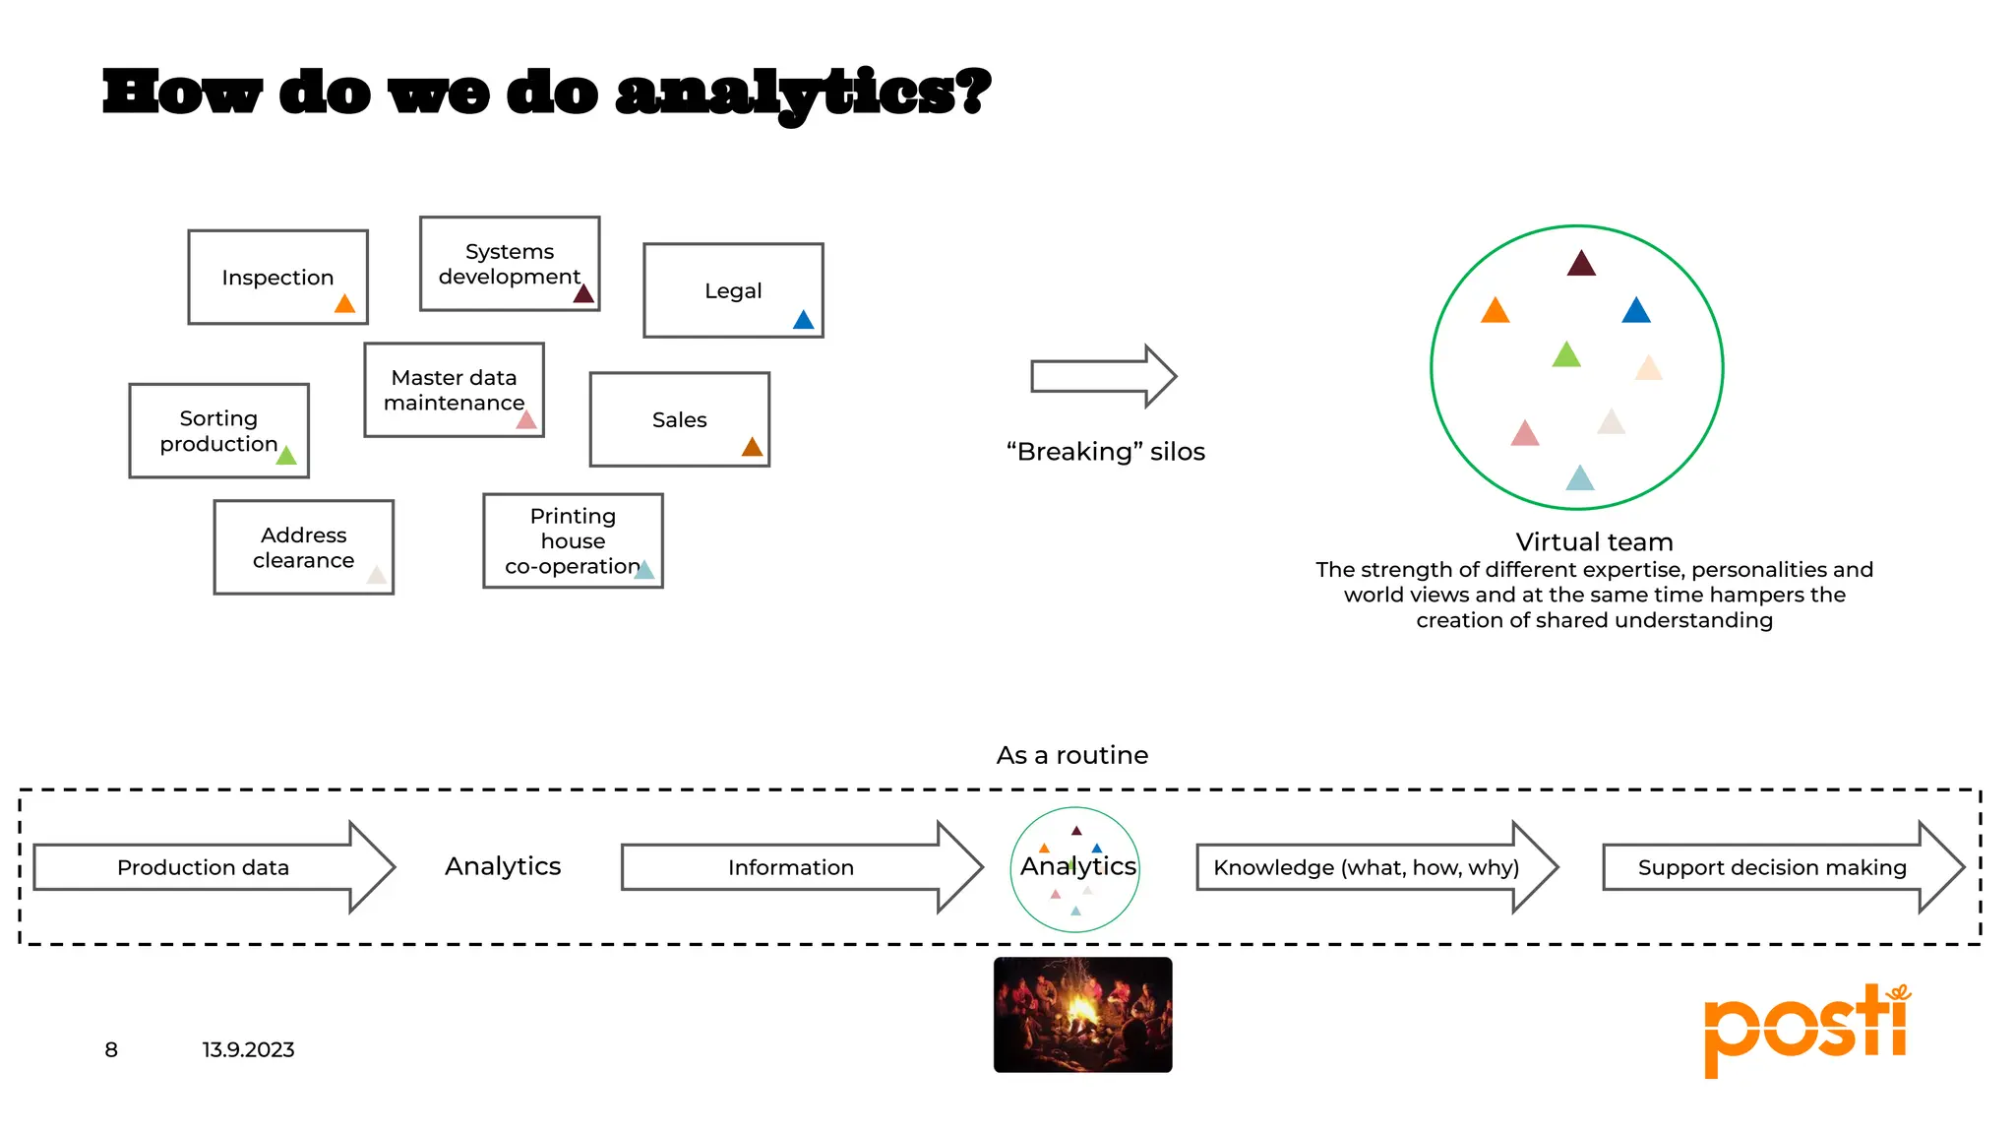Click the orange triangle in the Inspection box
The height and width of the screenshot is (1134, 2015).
[x=344, y=304]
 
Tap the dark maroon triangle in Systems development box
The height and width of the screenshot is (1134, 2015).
[x=583, y=293]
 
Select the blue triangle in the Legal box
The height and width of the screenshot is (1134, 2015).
[x=804, y=320]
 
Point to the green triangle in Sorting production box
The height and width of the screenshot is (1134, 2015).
[x=286, y=455]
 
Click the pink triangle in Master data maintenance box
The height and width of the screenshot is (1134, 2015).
[x=527, y=420]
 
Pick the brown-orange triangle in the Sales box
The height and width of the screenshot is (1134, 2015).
[x=752, y=448]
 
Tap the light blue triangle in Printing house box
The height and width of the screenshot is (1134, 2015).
[x=644, y=570]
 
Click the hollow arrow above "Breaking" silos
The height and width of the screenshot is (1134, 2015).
[x=1103, y=376]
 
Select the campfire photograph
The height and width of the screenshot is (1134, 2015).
[x=1082, y=1014]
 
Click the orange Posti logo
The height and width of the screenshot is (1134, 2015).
[x=1806, y=1029]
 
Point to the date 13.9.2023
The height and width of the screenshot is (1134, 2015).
[x=248, y=1050]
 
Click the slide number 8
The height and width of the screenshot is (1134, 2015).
[x=111, y=1050]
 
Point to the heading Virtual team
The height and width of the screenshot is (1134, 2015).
[x=1594, y=542]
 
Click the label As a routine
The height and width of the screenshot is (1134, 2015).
[x=1071, y=755]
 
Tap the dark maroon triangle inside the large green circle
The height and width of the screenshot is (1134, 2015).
[x=1581, y=264]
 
